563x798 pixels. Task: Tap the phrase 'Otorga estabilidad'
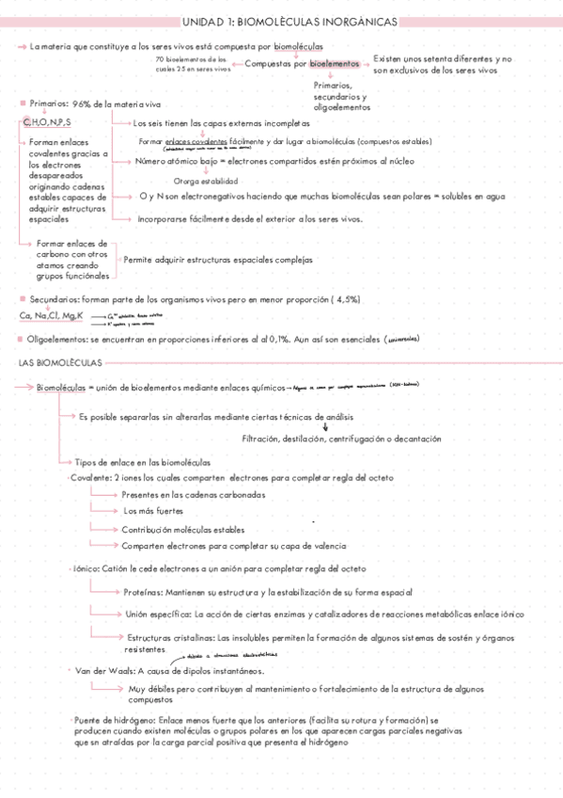point(206,181)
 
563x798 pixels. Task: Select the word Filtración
point(264,439)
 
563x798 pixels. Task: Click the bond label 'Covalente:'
point(90,478)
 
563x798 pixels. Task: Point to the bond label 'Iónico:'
point(87,568)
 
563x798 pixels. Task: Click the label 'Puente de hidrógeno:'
point(119,720)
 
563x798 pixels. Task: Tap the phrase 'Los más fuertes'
point(154,511)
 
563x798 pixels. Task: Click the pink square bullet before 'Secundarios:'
point(22,299)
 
